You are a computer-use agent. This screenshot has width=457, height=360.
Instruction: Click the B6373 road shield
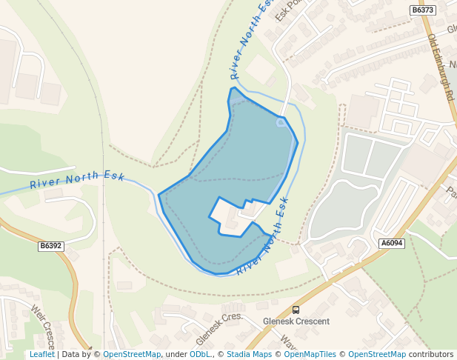click(423, 10)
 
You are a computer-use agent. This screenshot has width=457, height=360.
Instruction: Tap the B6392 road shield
click(51, 245)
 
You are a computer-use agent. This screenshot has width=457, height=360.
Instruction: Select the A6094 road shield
click(392, 243)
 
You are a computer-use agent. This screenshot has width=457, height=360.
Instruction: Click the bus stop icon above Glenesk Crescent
click(296, 310)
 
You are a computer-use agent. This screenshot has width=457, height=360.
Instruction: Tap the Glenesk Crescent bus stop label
click(296, 322)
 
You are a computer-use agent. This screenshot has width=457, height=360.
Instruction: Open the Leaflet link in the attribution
click(42, 354)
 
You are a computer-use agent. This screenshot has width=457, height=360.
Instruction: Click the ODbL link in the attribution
click(200, 354)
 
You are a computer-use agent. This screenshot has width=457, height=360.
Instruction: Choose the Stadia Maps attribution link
click(249, 354)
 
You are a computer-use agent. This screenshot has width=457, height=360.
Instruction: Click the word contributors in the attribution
click(431, 354)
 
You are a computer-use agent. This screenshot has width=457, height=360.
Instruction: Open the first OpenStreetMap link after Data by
click(132, 354)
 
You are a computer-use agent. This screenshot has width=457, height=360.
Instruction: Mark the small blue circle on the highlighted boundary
click(281, 122)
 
